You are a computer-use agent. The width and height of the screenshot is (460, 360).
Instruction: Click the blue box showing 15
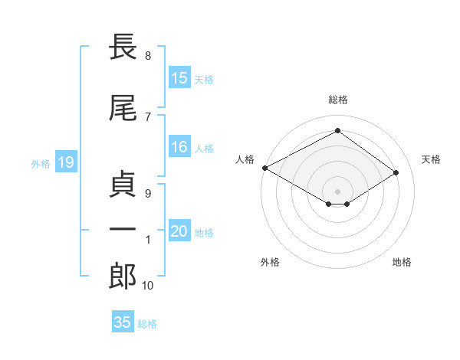point(179,78)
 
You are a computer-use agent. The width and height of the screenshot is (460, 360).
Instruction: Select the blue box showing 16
point(179,148)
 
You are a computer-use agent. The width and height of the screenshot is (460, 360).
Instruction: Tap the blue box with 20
point(179,232)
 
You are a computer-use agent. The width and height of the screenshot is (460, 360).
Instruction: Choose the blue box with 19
point(65,162)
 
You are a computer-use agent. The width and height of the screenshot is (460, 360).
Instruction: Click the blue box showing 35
point(123,322)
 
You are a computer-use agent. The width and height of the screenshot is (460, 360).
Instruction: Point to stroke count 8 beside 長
point(147,56)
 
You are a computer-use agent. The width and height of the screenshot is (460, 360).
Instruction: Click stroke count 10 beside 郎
point(147,286)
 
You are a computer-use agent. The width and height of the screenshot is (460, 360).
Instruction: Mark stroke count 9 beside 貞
point(147,194)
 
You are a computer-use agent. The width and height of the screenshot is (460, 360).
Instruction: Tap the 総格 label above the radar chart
point(337,100)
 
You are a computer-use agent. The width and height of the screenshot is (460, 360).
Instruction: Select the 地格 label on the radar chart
point(402,262)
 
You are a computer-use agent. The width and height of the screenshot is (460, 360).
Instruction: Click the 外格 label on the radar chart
point(270,262)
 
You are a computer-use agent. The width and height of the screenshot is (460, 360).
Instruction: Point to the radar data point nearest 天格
point(396,172)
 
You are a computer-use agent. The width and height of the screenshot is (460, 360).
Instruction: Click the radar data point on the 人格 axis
point(264,168)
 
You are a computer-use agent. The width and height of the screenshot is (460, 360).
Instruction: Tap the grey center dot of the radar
point(337,191)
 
